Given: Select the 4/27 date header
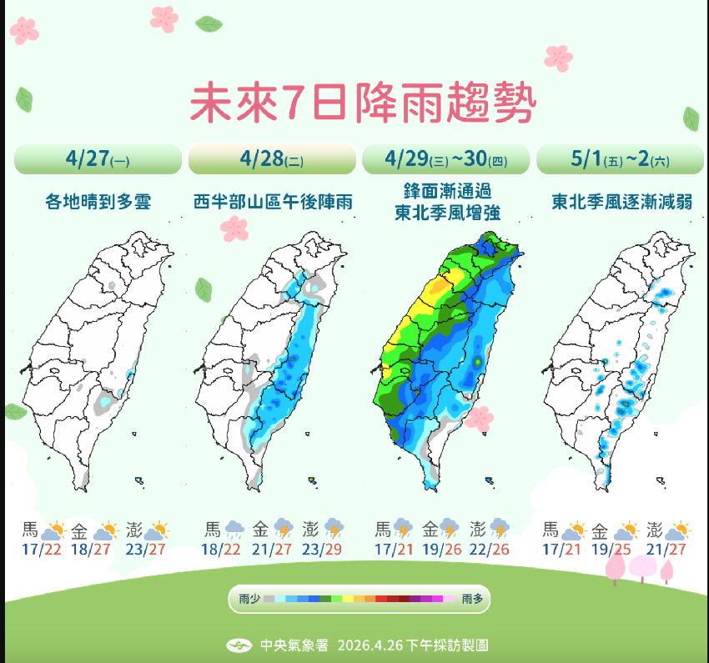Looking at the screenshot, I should (x=98, y=158).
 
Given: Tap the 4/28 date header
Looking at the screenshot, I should (x=272, y=158).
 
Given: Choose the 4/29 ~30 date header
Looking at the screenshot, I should (x=445, y=158).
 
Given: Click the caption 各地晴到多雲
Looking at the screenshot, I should (x=98, y=201).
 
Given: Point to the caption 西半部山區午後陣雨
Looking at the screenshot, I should (x=272, y=201).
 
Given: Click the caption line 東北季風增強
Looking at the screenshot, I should (x=446, y=213).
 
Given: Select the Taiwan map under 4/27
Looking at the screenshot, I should (x=96, y=359).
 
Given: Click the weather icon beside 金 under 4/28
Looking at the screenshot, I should (x=284, y=529).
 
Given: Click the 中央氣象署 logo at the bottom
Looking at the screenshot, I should (x=240, y=645).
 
